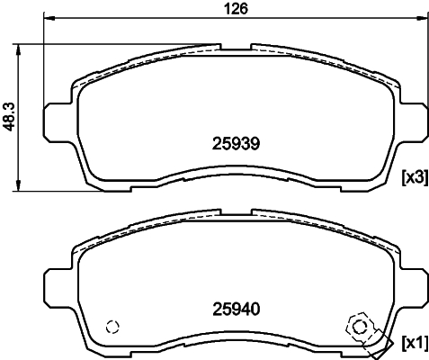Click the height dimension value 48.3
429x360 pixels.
click(10, 116)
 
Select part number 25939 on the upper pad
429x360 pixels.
click(235, 141)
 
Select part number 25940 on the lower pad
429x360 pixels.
click(235, 309)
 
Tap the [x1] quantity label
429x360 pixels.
click(413, 343)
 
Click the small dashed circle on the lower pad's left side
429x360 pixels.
click(112, 328)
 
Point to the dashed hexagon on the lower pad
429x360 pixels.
click(357, 327)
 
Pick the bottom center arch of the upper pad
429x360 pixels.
click(235, 172)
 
